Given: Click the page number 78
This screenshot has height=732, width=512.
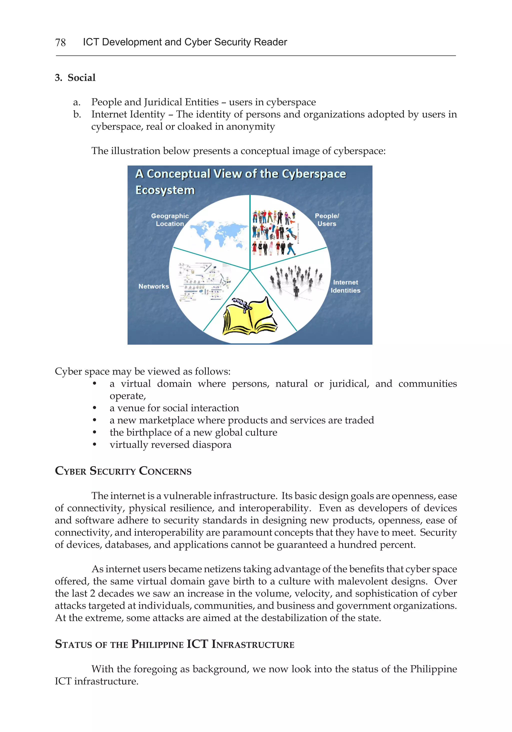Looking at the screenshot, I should click(x=60, y=42).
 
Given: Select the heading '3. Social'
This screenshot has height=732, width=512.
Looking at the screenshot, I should click(x=75, y=78).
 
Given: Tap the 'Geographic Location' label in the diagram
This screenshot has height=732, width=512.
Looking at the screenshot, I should click(x=170, y=220).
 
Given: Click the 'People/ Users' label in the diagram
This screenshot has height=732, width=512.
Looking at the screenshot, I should click(x=326, y=220).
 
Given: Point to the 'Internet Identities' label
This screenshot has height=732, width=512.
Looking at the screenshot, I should click(x=345, y=286).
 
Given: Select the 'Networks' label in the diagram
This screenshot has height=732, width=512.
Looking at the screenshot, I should click(x=153, y=286).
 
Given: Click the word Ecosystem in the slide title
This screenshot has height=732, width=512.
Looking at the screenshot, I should click(x=165, y=190).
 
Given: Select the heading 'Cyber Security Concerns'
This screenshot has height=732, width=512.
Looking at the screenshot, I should click(x=123, y=471).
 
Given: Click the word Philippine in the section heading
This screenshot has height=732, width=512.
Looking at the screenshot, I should click(x=157, y=644).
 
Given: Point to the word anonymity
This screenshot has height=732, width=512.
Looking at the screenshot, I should click(x=250, y=127).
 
